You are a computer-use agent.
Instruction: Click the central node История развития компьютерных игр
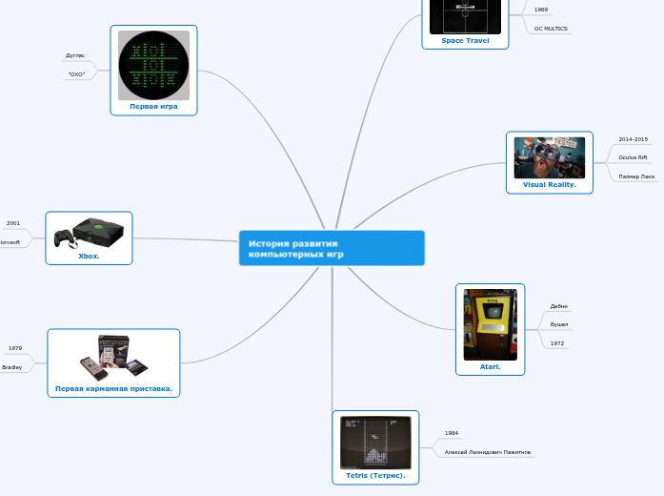[x=331, y=248]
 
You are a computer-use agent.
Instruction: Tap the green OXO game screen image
[x=153, y=65]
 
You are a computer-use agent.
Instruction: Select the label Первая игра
[x=153, y=107]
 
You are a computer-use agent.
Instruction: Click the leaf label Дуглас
[x=75, y=56]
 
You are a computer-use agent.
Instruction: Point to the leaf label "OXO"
[x=76, y=74]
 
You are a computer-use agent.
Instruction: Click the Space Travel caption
[x=465, y=41]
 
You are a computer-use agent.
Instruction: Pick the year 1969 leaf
[x=541, y=10]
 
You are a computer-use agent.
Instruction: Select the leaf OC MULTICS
[x=551, y=29]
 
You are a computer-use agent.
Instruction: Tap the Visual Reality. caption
[x=549, y=184]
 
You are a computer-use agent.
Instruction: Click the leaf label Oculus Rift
[x=633, y=157]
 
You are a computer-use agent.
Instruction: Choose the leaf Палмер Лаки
[x=636, y=176]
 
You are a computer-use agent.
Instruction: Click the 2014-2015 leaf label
[x=633, y=139]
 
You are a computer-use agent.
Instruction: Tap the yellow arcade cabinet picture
[x=490, y=324]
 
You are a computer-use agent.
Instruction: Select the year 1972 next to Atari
[x=556, y=343]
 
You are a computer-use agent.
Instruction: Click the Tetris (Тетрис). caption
[x=375, y=475]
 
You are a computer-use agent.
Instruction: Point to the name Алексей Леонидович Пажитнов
[x=488, y=452]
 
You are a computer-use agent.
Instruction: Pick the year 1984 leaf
[x=452, y=433]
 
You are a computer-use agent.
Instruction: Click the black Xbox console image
[x=89, y=233]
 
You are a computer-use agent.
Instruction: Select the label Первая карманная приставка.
[x=113, y=388]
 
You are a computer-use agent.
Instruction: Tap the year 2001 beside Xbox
[x=13, y=223]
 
